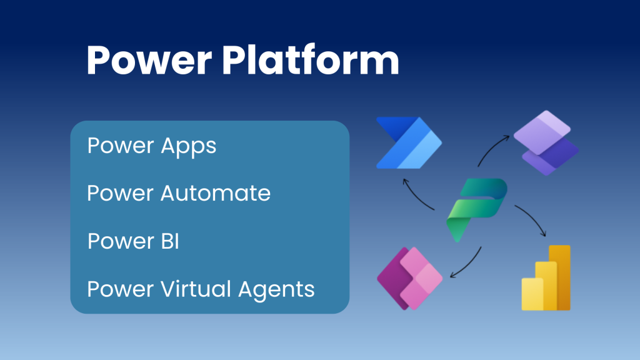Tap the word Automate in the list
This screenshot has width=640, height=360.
click(216, 193)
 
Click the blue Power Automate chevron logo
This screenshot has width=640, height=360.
click(408, 143)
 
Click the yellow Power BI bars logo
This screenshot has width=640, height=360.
click(546, 277)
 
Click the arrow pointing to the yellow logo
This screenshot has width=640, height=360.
click(531, 219)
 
